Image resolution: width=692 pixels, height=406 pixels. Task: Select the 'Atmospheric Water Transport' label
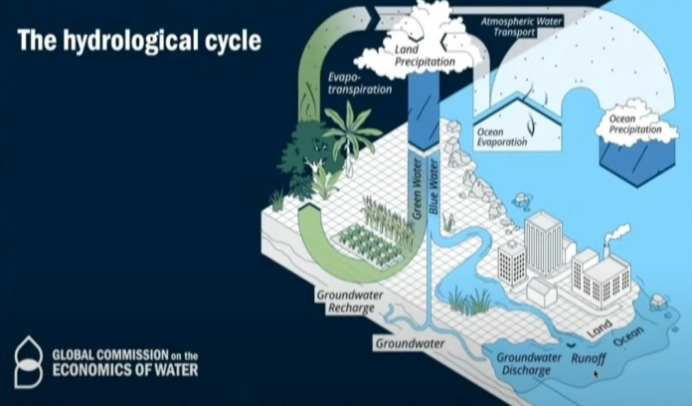tap(521, 25)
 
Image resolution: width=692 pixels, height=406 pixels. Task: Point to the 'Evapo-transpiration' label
tap(360, 81)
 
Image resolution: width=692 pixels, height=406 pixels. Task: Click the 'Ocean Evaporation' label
tap(504, 137)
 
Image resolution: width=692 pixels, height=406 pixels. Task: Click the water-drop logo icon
tap(29, 360)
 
